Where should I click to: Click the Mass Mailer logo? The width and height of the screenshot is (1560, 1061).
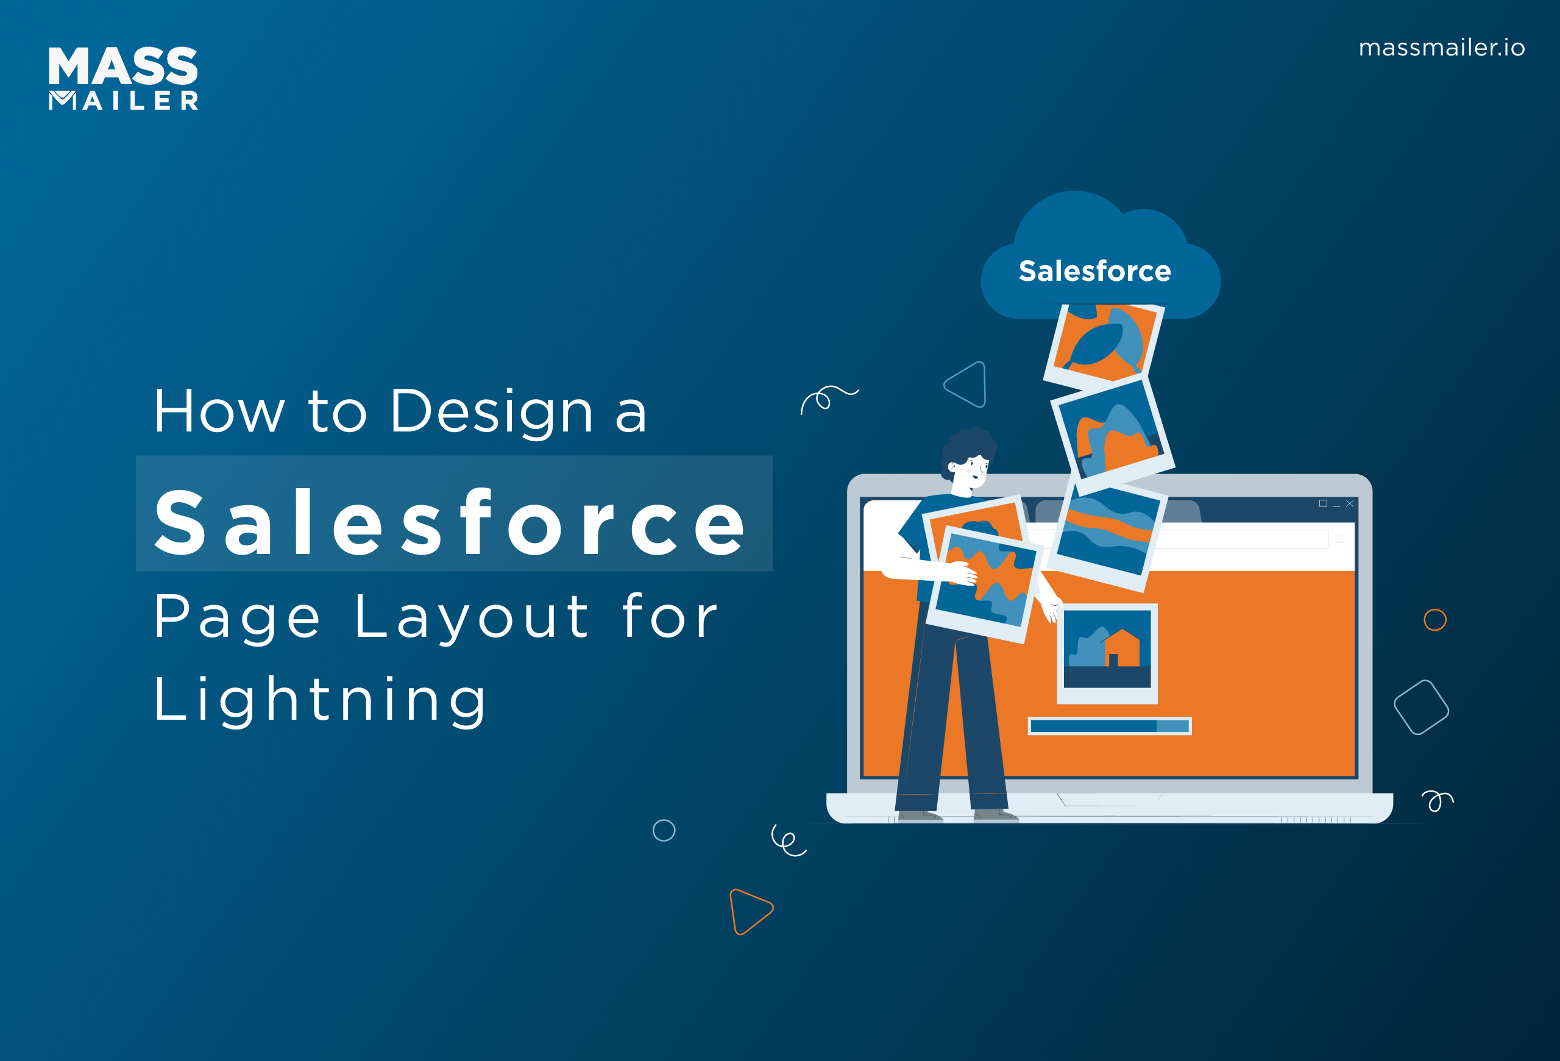click(x=124, y=78)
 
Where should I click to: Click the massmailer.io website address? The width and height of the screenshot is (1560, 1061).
click(x=1441, y=48)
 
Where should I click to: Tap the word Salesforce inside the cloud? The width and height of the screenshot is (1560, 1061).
click(x=1095, y=271)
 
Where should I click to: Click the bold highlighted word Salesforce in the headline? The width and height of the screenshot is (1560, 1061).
click(x=450, y=522)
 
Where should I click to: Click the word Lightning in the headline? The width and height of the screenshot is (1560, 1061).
click(x=319, y=700)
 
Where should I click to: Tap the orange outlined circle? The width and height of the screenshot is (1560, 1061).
click(x=1435, y=619)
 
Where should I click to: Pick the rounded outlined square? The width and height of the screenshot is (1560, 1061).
click(x=1421, y=708)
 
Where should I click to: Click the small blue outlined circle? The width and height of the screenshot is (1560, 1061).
click(x=664, y=830)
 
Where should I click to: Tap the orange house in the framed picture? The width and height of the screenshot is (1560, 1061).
click(x=1122, y=649)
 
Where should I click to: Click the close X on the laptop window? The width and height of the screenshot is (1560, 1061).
click(x=1349, y=503)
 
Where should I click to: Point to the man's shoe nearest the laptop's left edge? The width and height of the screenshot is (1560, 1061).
click(x=920, y=815)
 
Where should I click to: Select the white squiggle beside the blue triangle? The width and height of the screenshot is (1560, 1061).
click(x=828, y=398)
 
